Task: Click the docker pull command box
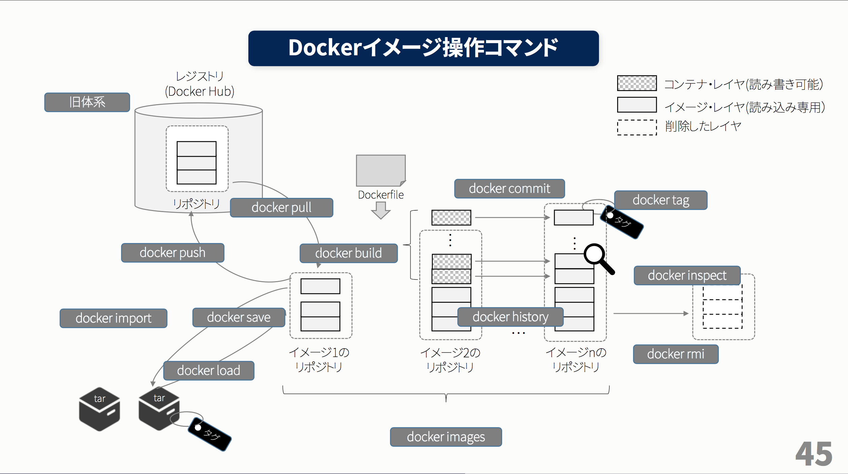[x=281, y=208]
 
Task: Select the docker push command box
[x=173, y=253]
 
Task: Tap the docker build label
[x=349, y=253]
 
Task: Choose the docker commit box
[x=509, y=189]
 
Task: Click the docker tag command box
[x=661, y=200]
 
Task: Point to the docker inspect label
[x=687, y=275]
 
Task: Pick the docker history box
[x=510, y=317]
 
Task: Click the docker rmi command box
[x=675, y=354]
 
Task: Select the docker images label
[x=446, y=437]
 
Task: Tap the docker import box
[x=113, y=318]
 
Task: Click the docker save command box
[x=239, y=318]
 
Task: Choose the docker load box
[x=209, y=371]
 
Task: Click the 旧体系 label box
[x=87, y=102]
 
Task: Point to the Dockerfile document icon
[x=381, y=171]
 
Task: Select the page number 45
[x=814, y=454]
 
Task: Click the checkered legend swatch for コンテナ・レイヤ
[x=637, y=83]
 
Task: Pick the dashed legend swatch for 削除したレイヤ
[x=637, y=127]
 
